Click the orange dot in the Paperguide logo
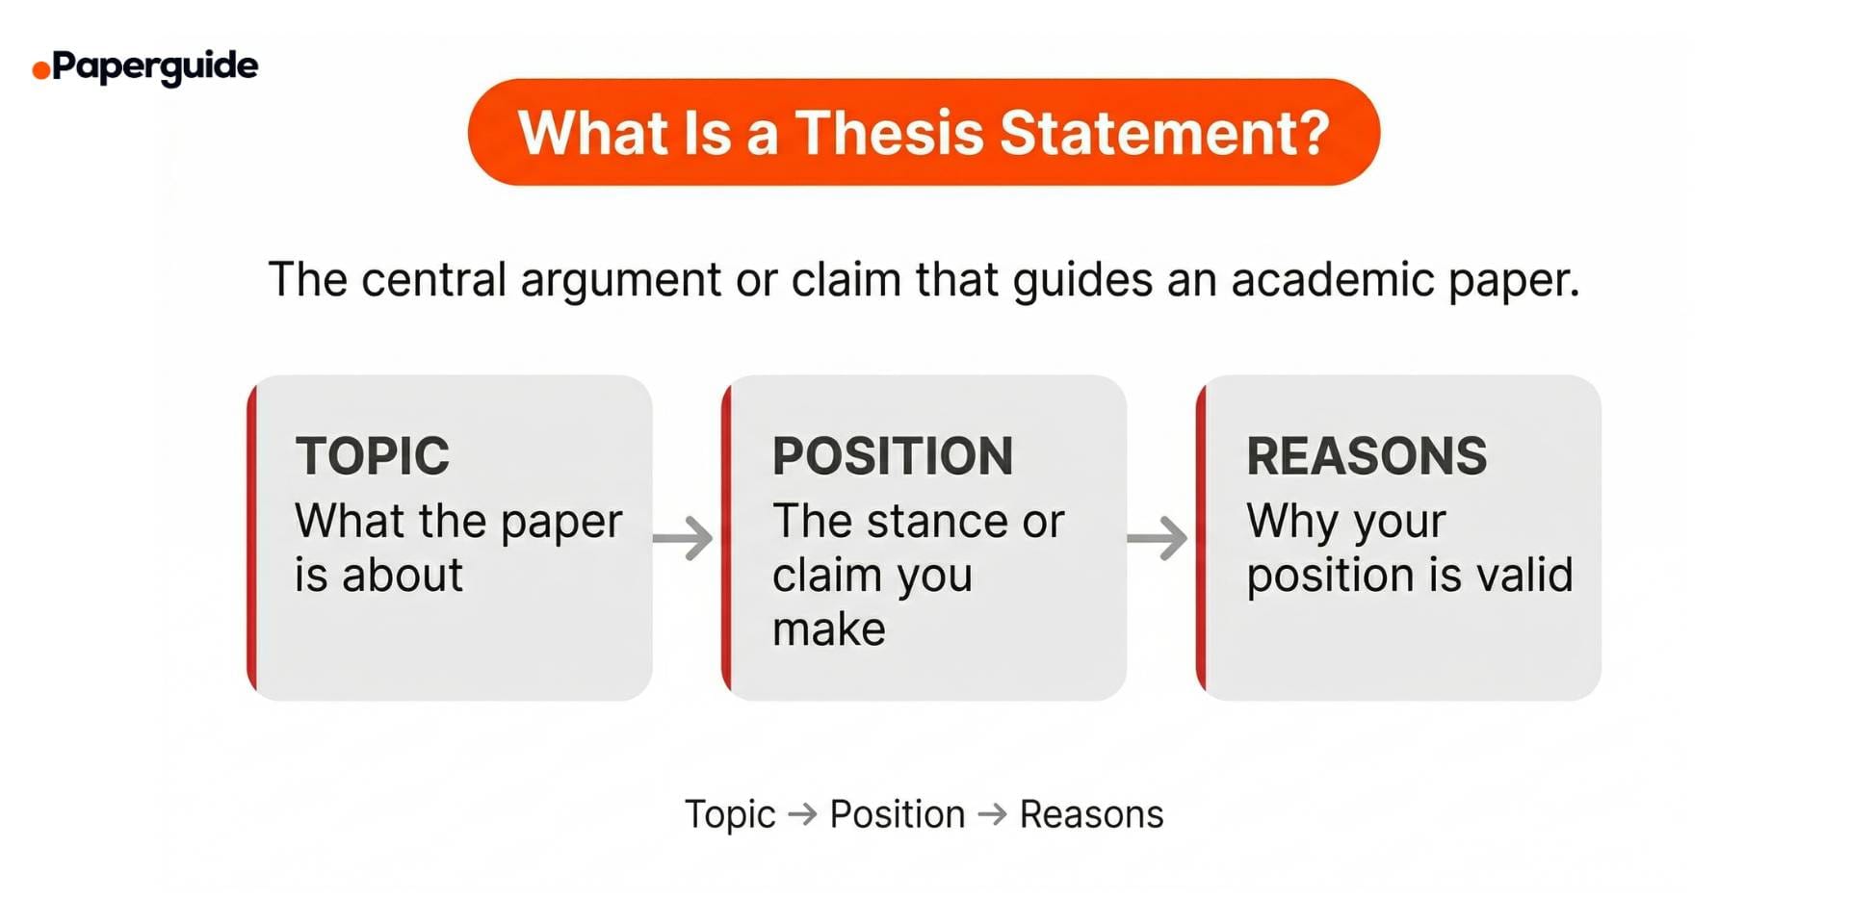pos(40,70)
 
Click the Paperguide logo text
pos(155,66)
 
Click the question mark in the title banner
pos(1311,132)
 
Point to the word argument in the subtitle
pos(621,281)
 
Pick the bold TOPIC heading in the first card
pos(373,455)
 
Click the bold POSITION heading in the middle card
pos(893,455)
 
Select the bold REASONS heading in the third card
pos(1367,455)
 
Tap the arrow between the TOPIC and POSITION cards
pos(684,537)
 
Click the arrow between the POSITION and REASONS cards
pos(1158,537)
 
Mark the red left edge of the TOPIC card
pos(252,537)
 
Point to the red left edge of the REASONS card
pos(1201,537)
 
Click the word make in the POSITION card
pos(829,629)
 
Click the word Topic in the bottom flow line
pos(730,815)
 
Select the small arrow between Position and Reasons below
pos(993,814)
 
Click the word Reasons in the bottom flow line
pos(1091,814)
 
